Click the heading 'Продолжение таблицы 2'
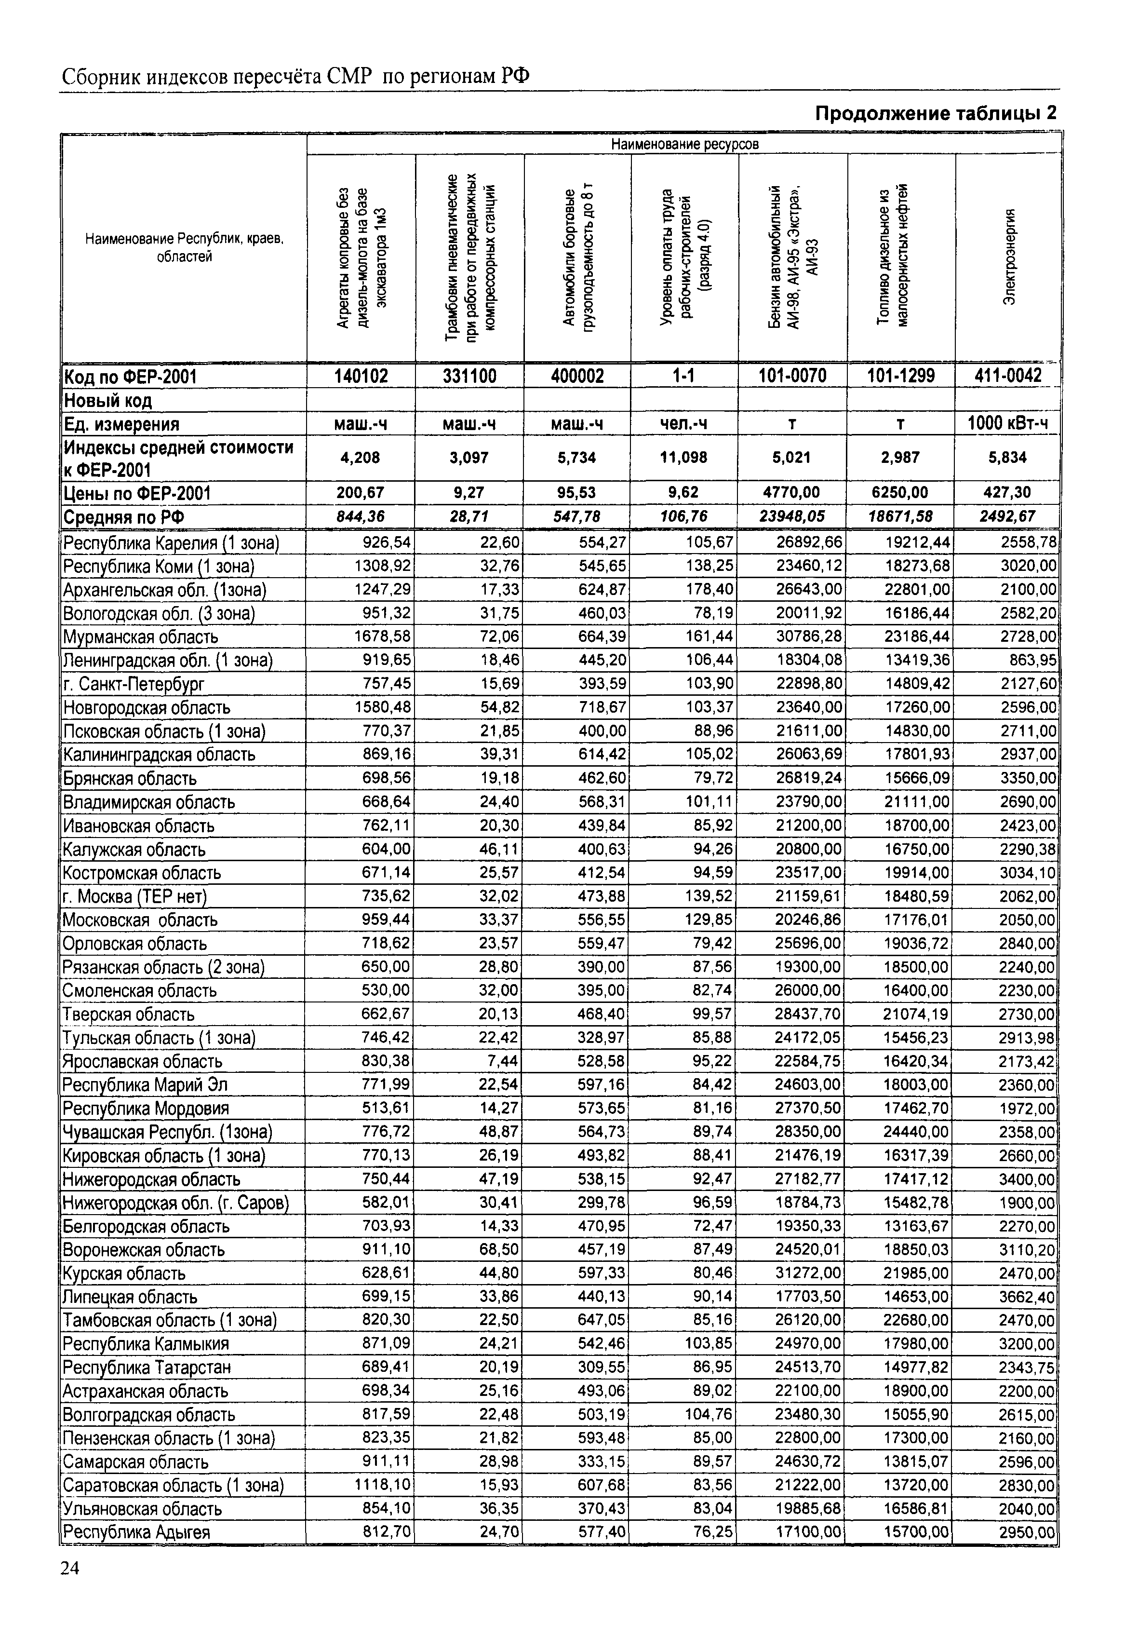(x=935, y=113)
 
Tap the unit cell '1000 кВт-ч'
(x=1007, y=424)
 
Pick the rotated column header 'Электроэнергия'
(x=1009, y=257)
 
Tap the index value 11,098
(x=684, y=458)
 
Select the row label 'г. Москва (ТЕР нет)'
(x=135, y=896)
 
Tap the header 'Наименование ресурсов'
(x=684, y=144)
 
